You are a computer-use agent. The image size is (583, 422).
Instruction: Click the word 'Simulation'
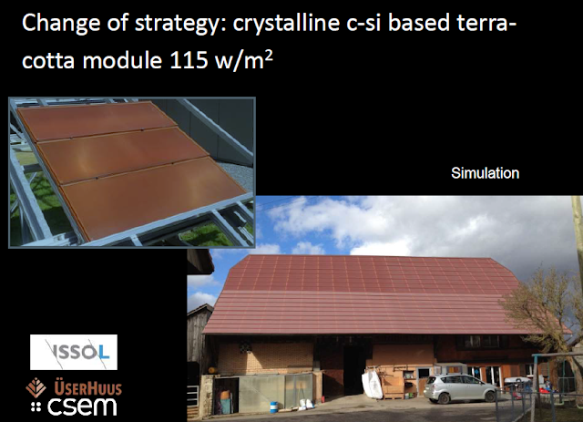pyautogui.click(x=485, y=173)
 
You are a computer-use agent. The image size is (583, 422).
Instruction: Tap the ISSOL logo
pyautogui.click(x=74, y=352)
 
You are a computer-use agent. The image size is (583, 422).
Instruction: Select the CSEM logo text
pyautogui.click(x=82, y=407)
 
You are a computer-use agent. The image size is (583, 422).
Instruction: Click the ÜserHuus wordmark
pyautogui.click(x=88, y=387)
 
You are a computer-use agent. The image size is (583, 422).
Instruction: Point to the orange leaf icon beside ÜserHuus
pyautogui.click(x=36, y=387)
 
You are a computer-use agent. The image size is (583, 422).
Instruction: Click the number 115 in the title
pyautogui.click(x=189, y=60)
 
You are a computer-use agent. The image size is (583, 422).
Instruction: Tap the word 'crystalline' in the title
pyautogui.click(x=286, y=23)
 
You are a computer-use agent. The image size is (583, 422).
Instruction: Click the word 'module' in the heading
pyautogui.click(x=122, y=60)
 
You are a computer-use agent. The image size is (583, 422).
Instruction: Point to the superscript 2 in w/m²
pyautogui.click(x=270, y=55)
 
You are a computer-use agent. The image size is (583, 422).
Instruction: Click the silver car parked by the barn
pyautogui.click(x=460, y=388)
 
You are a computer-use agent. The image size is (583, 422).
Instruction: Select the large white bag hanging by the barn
pyautogui.click(x=372, y=384)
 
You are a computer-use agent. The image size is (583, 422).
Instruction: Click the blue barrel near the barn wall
pyautogui.click(x=273, y=407)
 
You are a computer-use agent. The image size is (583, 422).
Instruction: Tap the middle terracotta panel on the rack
pyautogui.click(x=123, y=155)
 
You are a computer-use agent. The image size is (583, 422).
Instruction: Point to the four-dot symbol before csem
pyautogui.click(x=36, y=407)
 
